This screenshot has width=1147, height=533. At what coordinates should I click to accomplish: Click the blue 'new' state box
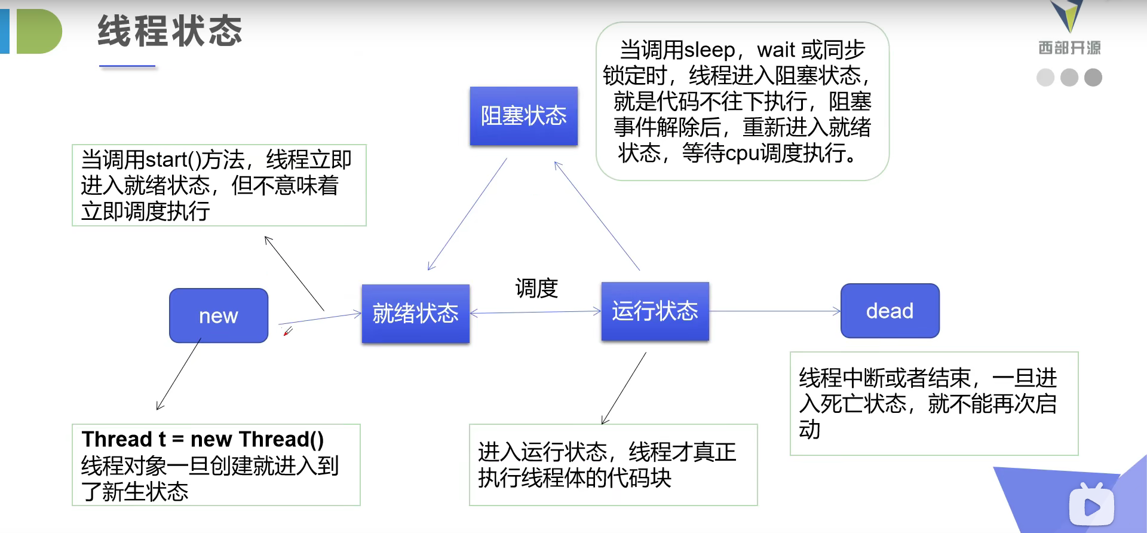[219, 315]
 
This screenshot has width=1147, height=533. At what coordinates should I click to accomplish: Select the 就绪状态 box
[415, 313]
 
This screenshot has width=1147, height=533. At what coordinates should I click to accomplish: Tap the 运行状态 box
[655, 311]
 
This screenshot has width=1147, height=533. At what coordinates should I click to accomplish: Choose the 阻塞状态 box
[523, 116]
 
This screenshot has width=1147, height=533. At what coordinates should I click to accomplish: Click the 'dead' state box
[890, 311]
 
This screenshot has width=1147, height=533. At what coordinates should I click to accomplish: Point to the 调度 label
[536, 289]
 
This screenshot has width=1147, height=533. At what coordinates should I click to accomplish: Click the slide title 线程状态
[170, 31]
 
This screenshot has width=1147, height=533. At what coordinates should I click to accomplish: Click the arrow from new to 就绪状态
[320, 318]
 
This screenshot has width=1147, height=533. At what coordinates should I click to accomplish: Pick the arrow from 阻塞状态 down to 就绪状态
[467, 214]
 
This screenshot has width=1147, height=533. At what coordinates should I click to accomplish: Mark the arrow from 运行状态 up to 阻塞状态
[597, 216]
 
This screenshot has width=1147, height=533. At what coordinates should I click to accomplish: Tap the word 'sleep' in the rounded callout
[709, 50]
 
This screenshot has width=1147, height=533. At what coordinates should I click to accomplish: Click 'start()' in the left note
[173, 160]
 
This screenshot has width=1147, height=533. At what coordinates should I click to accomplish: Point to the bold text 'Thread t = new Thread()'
[203, 439]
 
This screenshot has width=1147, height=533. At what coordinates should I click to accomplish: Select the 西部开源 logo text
[1069, 48]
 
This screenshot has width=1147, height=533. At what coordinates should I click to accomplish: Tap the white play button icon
[1091, 507]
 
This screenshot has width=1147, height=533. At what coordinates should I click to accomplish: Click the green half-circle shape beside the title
[39, 32]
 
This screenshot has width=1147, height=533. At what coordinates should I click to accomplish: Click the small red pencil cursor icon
[288, 331]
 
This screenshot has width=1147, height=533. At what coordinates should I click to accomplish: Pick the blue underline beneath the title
[127, 66]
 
